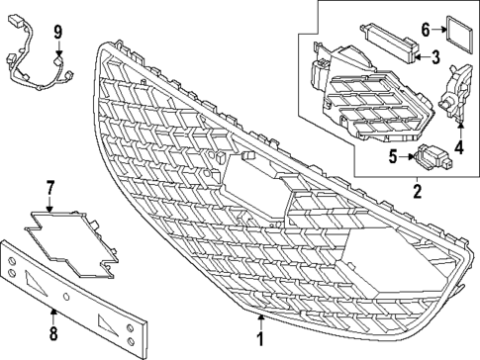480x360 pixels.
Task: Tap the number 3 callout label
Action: tap(434, 58)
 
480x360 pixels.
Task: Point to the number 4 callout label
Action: tap(458, 150)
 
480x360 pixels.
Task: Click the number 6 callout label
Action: tap(426, 30)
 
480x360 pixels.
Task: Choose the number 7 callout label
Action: tap(51, 186)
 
